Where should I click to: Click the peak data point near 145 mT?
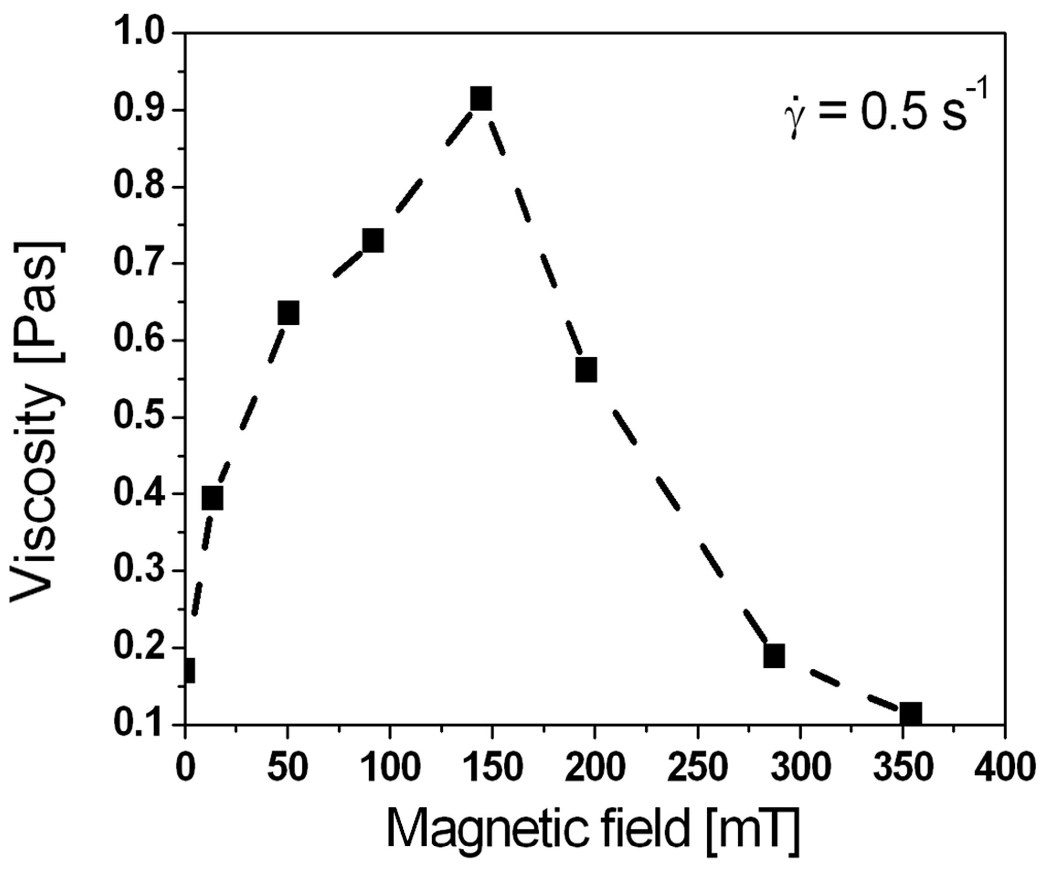coord(481,99)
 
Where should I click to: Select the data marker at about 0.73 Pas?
coord(373,240)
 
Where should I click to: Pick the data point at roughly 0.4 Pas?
coord(213,498)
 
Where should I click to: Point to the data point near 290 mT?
coord(774,656)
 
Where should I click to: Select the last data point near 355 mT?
coord(911,714)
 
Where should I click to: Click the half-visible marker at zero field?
coord(189,671)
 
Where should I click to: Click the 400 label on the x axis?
coord(1004,768)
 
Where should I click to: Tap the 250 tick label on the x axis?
coord(697,768)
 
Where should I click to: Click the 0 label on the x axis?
coord(186,768)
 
